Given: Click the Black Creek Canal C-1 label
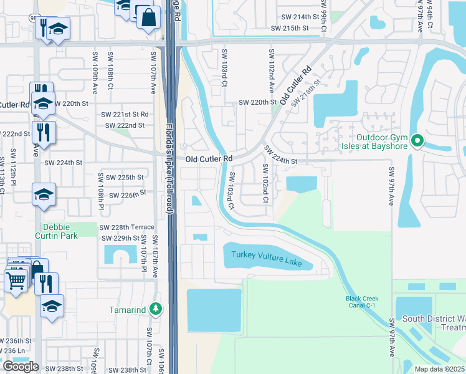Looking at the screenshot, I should click(363, 302).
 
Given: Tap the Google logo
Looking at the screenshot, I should click(21, 367).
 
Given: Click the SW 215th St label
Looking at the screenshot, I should click(290, 28).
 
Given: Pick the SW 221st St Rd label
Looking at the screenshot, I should click(125, 115).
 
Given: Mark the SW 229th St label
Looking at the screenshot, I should click(119, 238).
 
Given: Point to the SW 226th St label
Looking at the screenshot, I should click(127, 194).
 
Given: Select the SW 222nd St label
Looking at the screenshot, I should click(125, 125).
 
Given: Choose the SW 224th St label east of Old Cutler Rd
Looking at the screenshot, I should click(282, 155).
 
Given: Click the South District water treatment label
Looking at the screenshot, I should click(434, 323).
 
